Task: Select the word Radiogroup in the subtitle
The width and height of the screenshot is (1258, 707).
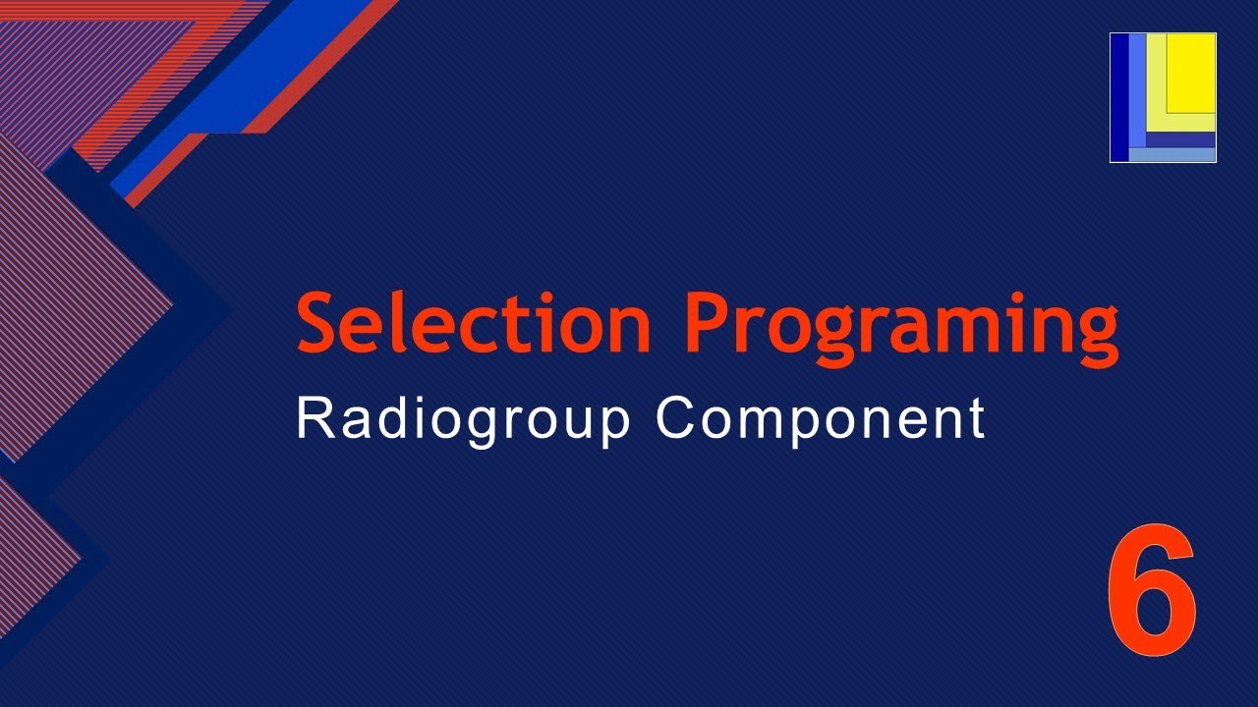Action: (x=463, y=420)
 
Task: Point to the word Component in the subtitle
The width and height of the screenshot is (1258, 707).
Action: (x=820, y=420)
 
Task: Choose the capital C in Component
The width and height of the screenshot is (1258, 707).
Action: (x=676, y=418)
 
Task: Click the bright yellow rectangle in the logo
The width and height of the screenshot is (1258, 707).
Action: (x=1191, y=73)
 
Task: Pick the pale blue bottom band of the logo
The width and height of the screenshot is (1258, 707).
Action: (x=1172, y=155)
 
